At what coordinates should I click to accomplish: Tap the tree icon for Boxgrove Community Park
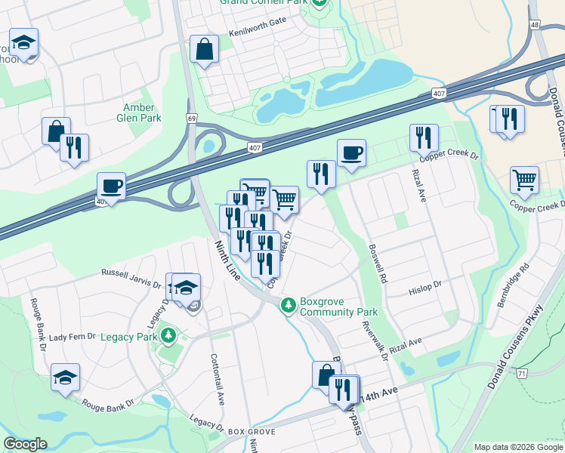[288, 306]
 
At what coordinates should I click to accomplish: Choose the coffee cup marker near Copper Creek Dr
[351, 153]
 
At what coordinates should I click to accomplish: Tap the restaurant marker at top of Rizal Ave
[424, 137]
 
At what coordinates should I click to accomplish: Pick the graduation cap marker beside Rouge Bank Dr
[66, 377]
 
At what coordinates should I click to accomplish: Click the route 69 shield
[192, 119]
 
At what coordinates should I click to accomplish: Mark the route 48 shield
[535, 25]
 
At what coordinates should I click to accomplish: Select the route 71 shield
[522, 373]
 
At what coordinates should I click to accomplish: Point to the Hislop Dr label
[426, 288]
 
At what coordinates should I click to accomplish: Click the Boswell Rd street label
[377, 261]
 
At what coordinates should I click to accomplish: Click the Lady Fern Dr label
[73, 336]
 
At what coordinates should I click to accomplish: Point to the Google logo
[25, 444]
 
